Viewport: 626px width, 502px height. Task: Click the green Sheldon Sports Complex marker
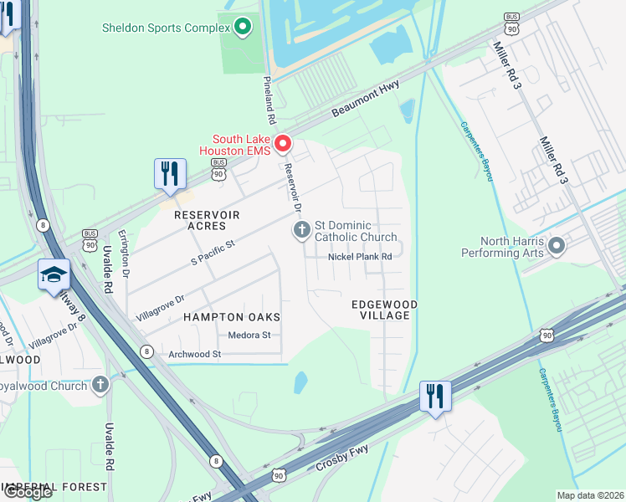pyautogui.click(x=243, y=28)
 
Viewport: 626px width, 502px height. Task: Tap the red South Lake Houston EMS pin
pyautogui.click(x=283, y=145)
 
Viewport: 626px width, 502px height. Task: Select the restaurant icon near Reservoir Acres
pyautogui.click(x=170, y=174)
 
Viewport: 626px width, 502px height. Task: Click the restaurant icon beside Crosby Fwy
pyautogui.click(x=434, y=396)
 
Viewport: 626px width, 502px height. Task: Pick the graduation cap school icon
pyautogui.click(x=54, y=275)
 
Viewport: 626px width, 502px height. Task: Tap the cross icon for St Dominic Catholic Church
pyautogui.click(x=301, y=230)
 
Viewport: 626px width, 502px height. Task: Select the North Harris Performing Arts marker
pyautogui.click(x=556, y=246)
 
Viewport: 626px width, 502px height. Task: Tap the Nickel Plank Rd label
pyautogui.click(x=360, y=257)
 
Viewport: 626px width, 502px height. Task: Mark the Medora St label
pyautogui.click(x=249, y=336)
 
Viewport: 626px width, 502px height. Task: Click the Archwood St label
pyautogui.click(x=193, y=354)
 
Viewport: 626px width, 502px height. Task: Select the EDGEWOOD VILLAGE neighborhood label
pyautogui.click(x=384, y=310)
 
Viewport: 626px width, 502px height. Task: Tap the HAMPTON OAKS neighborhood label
pyautogui.click(x=232, y=317)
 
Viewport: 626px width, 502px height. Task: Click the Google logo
pyautogui.click(x=28, y=492)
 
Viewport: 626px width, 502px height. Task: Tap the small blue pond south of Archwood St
pyautogui.click(x=300, y=382)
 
